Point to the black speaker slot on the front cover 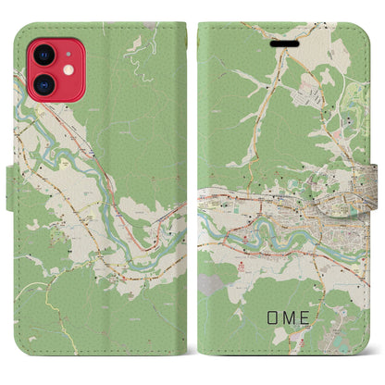coord(283,42)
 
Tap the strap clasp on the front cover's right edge coord(376,192)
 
